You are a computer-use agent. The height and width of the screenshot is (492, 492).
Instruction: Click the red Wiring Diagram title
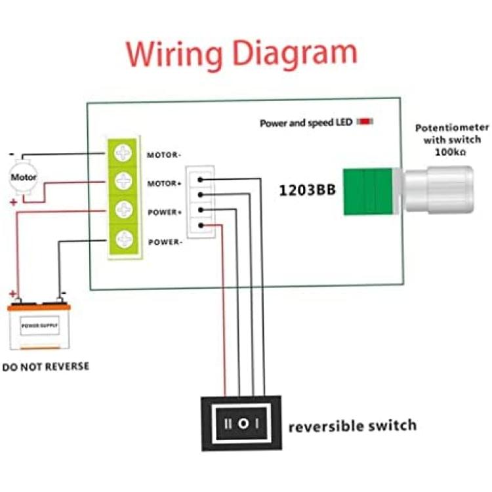[241, 54]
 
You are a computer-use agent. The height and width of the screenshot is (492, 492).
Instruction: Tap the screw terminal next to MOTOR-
[123, 153]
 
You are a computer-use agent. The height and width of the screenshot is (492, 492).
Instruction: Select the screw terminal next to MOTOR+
[123, 181]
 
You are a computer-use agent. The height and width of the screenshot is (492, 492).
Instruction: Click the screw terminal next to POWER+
[124, 210]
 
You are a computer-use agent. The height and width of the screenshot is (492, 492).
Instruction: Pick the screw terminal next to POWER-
[125, 239]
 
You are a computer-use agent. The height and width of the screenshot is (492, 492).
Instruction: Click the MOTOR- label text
[164, 155]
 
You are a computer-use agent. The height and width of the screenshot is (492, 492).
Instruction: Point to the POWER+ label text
[165, 213]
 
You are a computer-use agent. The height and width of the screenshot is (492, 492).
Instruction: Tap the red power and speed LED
[365, 121]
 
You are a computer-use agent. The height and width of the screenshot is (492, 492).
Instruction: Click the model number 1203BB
[307, 190]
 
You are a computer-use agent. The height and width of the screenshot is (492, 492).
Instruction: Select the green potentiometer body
[368, 192]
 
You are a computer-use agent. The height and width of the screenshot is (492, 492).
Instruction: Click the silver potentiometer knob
[439, 190]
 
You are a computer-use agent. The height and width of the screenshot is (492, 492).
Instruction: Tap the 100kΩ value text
[450, 152]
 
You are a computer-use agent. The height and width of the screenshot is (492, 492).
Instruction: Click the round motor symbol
[23, 177]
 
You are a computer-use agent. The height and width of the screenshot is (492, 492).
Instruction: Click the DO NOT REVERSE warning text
[46, 367]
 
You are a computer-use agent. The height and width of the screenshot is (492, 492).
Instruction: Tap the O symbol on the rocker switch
[243, 424]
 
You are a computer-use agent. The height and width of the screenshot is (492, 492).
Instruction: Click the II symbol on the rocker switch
[228, 424]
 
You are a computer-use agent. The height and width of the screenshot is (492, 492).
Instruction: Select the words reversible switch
[352, 426]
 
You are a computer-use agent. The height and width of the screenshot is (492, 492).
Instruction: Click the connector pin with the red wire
[201, 225]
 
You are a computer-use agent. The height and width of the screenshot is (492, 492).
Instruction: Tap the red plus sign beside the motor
[14, 203]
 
